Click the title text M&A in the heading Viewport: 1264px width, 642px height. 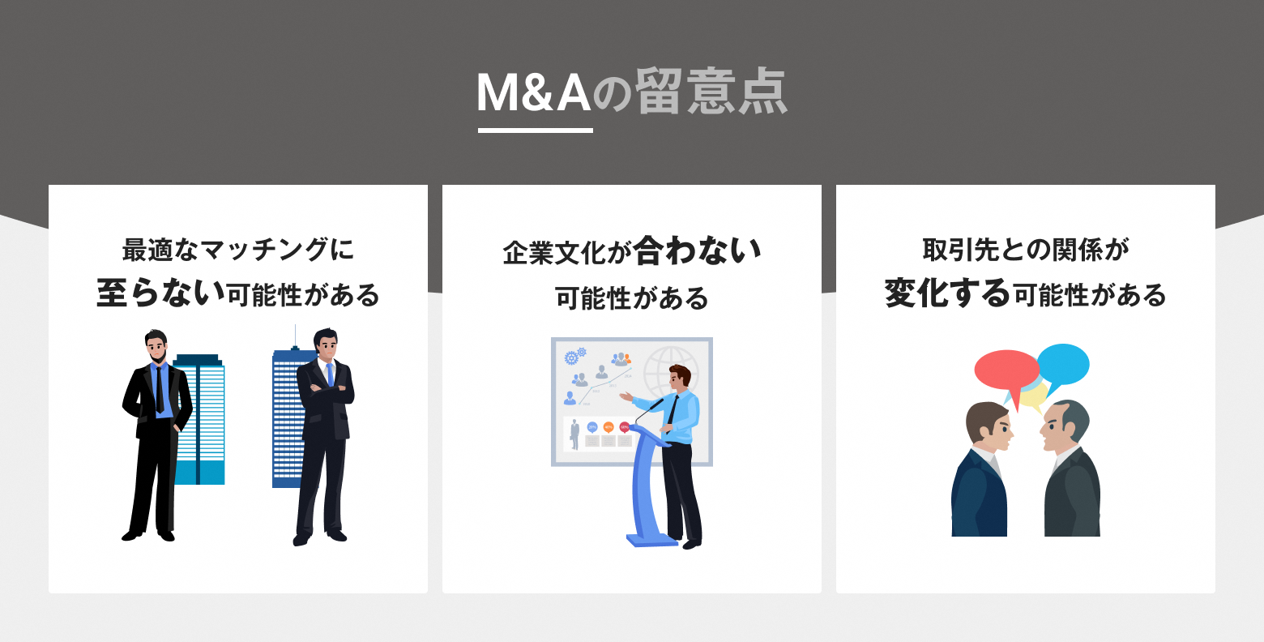click(x=534, y=92)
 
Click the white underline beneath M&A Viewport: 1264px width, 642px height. click(x=536, y=131)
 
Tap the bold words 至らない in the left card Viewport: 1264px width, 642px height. click(x=160, y=293)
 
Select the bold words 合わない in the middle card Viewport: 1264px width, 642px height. click(x=698, y=250)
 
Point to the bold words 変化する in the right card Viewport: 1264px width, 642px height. click(x=947, y=293)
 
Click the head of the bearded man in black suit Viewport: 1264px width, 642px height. click(x=156, y=346)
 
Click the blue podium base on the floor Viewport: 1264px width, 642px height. click(x=652, y=540)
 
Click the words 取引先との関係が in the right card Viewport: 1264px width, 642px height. click(x=1025, y=250)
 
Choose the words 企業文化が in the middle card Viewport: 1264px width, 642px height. click(x=567, y=252)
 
